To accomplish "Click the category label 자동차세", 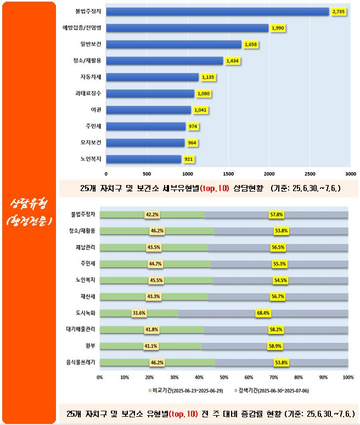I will coord(91,77).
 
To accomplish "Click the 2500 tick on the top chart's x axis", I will coord(310,173).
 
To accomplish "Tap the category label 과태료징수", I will coord(89,94).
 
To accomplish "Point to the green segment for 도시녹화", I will coord(139,314).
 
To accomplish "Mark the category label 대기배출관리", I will coord(81,330).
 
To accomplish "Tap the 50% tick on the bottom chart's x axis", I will coord(224,378).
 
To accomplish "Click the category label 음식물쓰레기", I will coord(82,363).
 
